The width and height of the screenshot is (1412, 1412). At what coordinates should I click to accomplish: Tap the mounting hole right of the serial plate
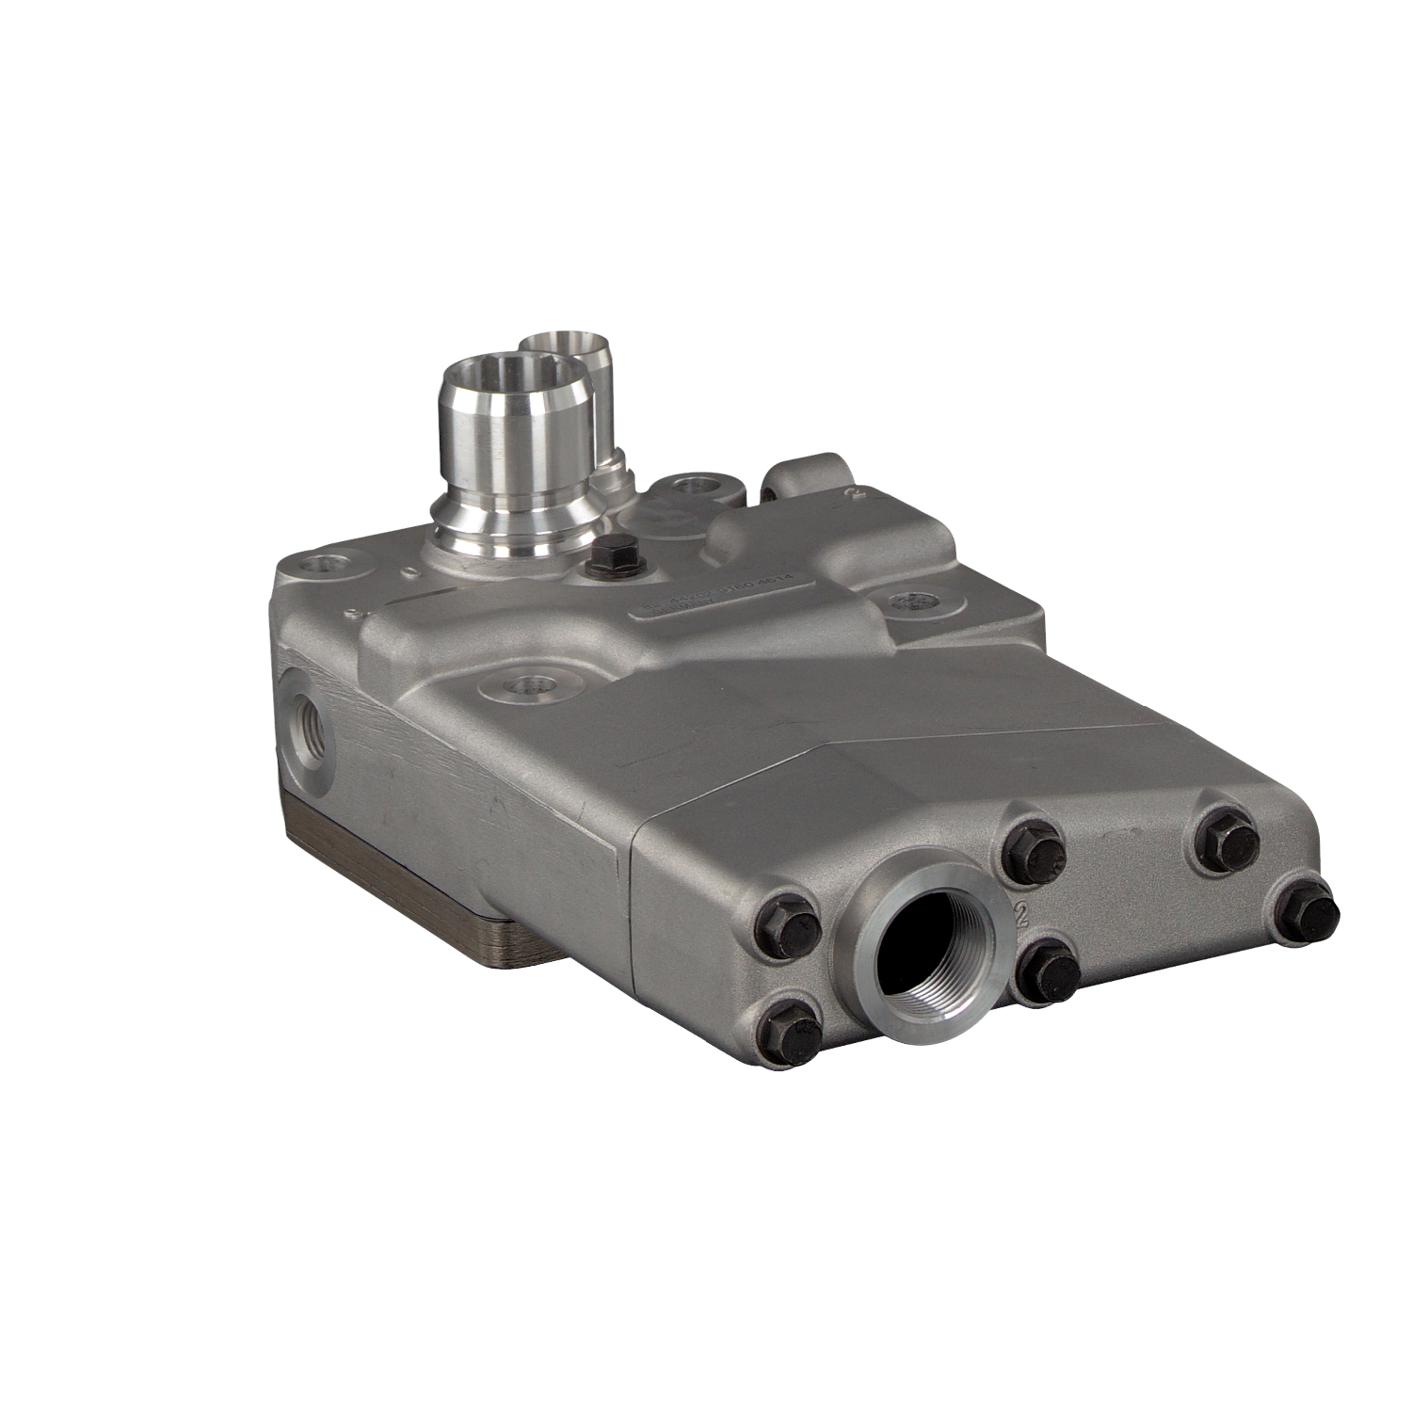pos(908,602)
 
